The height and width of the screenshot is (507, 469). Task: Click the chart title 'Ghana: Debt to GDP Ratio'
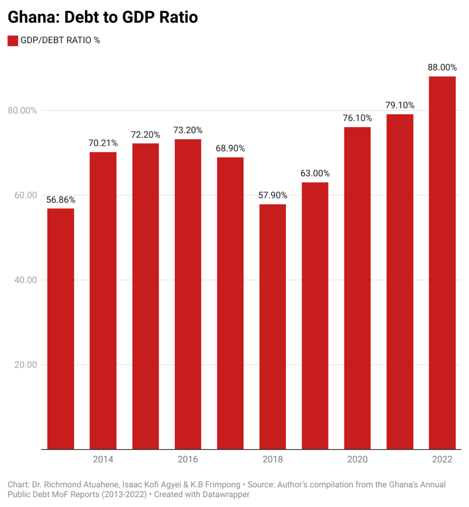pyautogui.click(x=102, y=17)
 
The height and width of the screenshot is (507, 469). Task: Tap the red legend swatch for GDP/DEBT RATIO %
pyautogui.click(x=13, y=41)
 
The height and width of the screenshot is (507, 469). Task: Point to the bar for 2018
pyautogui.click(x=273, y=327)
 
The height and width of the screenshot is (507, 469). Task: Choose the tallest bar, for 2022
pyautogui.click(x=442, y=263)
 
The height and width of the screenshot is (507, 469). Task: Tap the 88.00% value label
pyautogui.click(x=442, y=68)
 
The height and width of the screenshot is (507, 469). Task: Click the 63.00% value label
pyautogui.click(x=315, y=174)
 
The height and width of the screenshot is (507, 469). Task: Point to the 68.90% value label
pyautogui.click(x=230, y=149)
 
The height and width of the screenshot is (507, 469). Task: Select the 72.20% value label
pyautogui.click(x=145, y=135)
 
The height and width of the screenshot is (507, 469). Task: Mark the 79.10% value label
pyautogui.click(x=400, y=105)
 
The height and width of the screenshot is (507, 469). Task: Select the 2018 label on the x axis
pyautogui.click(x=273, y=459)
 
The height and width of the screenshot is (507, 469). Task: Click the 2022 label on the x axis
pyautogui.click(x=442, y=459)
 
